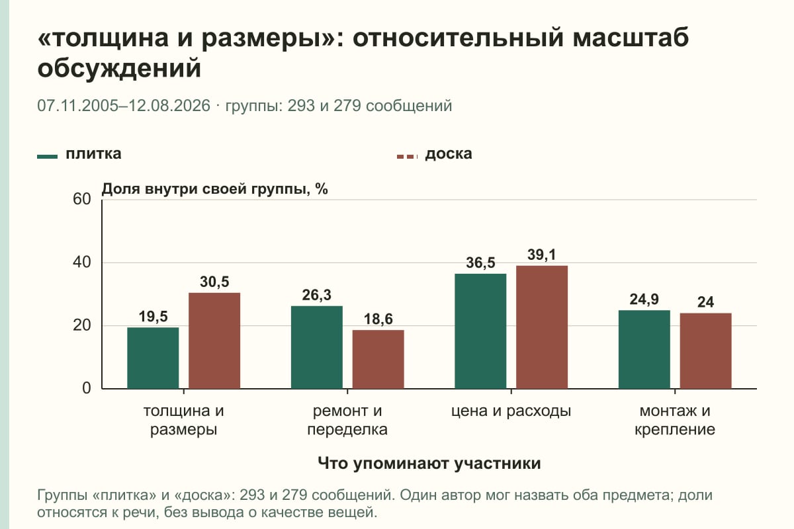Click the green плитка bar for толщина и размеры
pos(153,358)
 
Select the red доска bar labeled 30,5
pos(214,341)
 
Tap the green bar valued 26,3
pos(317,347)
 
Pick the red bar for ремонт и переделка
pos(378,359)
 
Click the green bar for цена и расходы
pos(480,331)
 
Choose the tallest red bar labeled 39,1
pos(542,327)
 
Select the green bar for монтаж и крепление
pos(644,349)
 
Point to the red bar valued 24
pos(706,350)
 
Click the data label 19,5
pos(153,316)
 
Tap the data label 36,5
pos(480,263)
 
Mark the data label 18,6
pos(378,319)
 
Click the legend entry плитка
pos(93,154)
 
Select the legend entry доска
pos(449,154)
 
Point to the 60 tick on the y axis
pos(82,199)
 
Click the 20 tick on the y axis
pos(82,325)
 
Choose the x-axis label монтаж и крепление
pos(675,421)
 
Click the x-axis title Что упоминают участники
pos(429,464)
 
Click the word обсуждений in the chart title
pos(120,68)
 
